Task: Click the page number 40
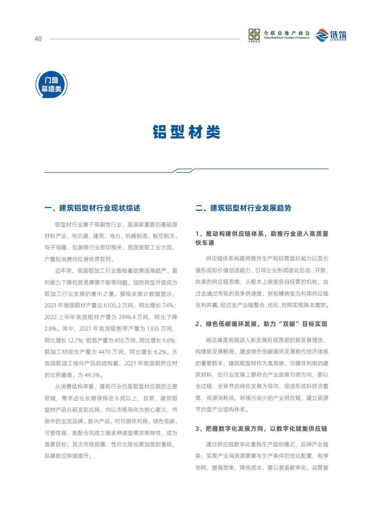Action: click(x=38, y=39)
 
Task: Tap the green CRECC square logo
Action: click(x=254, y=35)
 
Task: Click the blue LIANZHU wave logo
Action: click(x=322, y=35)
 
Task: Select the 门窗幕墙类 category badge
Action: click(x=51, y=85)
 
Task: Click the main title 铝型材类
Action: click(x=186, y=132)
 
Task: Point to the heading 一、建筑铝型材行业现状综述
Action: click(x=92, y=208)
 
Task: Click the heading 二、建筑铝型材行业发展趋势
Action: click(x=243, y=208)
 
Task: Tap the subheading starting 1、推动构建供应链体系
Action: click(x=262, y=234)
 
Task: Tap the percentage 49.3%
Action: click(x=93, y=375)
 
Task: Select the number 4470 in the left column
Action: click(x=104, y=352)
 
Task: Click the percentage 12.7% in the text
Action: click(x=75, y=340)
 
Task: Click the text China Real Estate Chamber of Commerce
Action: click(x=287, y=38)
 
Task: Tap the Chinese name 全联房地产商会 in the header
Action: click(x=287, y=33)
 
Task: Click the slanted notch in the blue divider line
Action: click(x=184, y=170)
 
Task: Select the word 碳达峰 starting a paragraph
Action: click(x=214, y=340)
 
